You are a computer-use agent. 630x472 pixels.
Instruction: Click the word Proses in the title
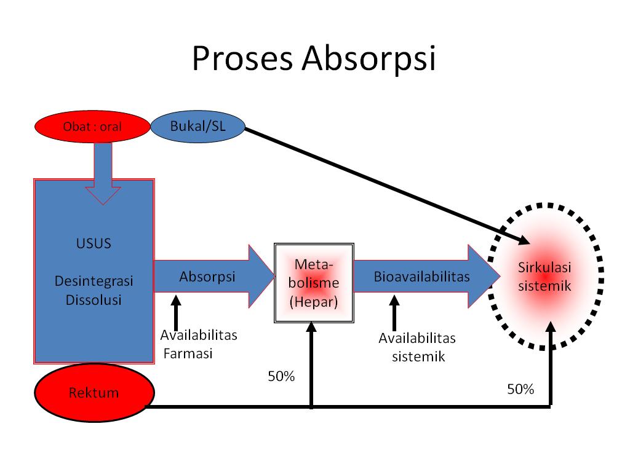242,60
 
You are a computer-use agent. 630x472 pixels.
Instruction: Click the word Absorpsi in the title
368,60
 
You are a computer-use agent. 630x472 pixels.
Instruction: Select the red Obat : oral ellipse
92,127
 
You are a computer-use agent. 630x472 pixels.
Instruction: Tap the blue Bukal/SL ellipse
197,126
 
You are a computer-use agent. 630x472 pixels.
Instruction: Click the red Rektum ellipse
94,392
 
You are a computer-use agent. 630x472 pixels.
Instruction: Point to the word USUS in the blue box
94,243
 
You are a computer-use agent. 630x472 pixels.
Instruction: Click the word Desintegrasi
94,282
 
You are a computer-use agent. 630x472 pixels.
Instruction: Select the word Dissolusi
94,300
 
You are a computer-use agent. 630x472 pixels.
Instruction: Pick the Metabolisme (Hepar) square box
314,283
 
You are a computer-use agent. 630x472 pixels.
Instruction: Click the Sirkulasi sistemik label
544,277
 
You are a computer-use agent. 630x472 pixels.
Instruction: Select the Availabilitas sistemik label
417,347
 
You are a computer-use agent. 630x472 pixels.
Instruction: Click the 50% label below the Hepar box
281,376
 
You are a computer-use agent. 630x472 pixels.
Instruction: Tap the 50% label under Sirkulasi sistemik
520,389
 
